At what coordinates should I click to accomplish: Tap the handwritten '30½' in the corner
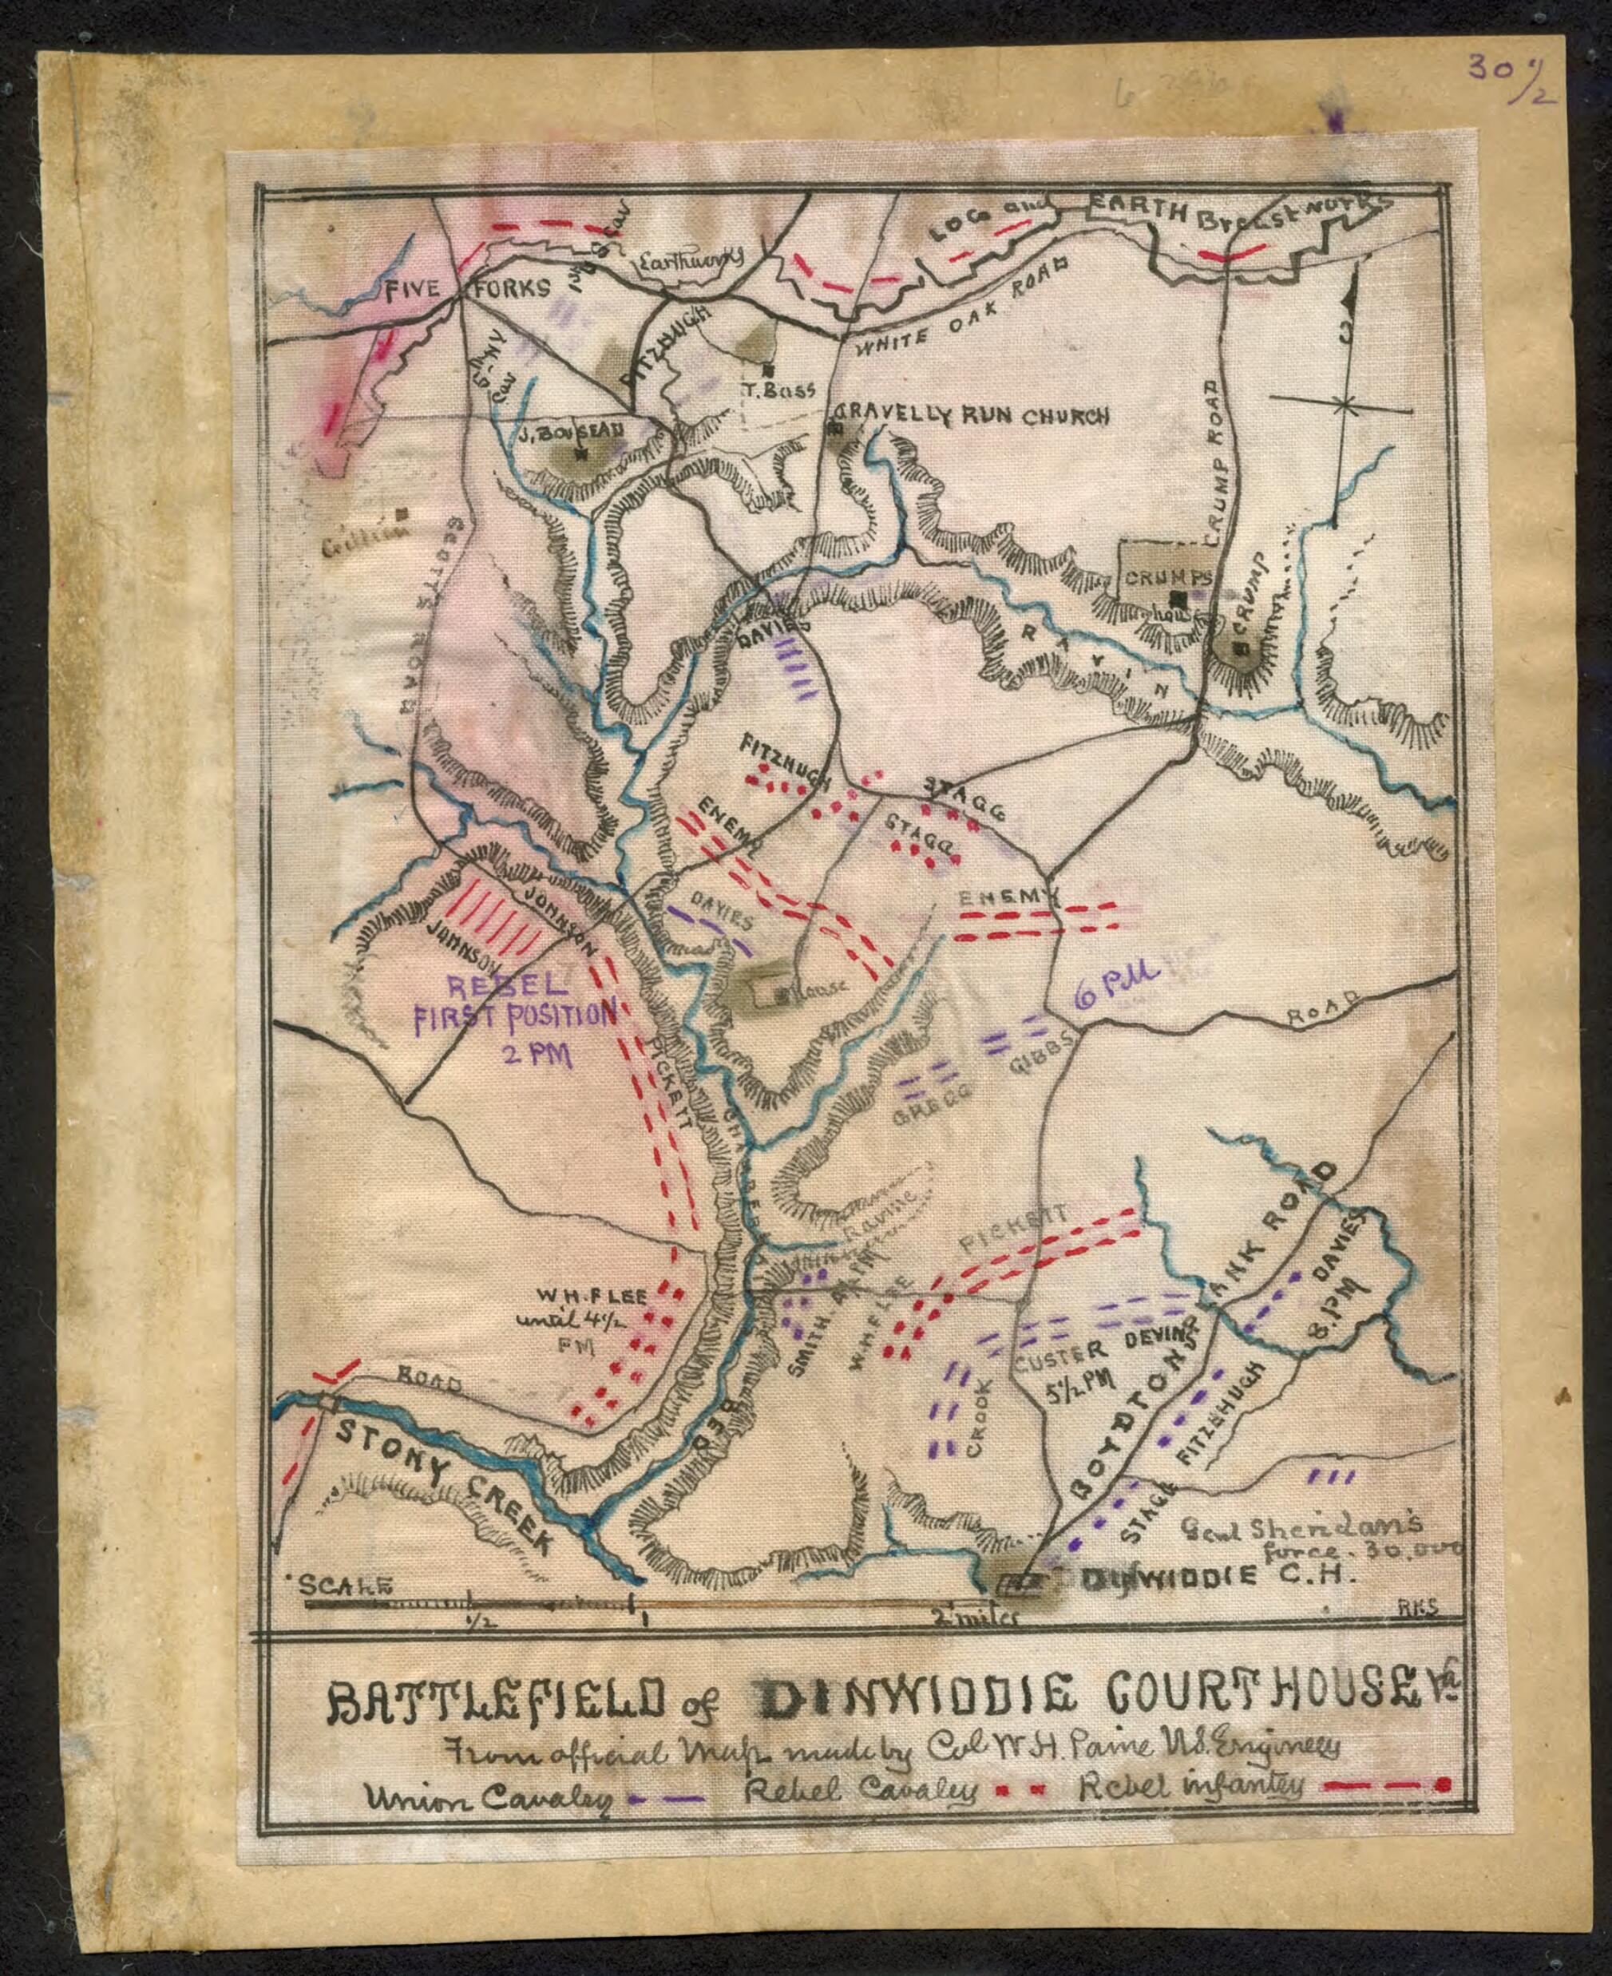1509,72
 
